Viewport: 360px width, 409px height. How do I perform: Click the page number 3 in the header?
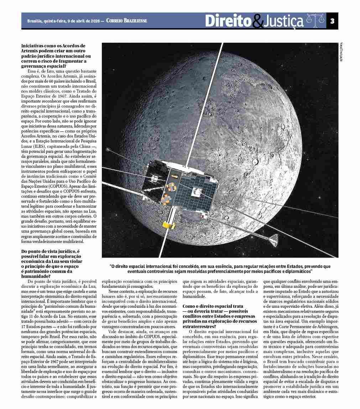click(332, 21)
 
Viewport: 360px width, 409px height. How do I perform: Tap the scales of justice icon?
click(315, 21)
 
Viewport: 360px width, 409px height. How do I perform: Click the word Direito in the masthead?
click(228, 21)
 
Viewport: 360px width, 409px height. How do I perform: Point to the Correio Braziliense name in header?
click(126, 21)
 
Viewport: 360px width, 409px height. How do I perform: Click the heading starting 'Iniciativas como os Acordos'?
click(53, 46)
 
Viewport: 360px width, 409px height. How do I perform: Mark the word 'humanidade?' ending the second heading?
click(35, 276)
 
